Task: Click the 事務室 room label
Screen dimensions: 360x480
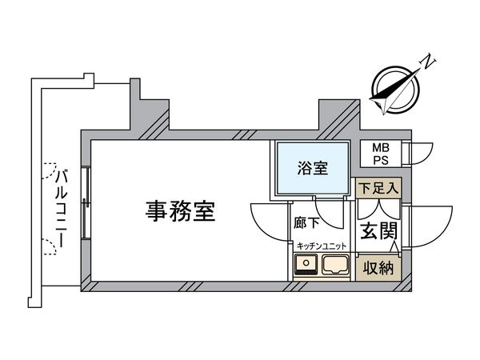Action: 180,211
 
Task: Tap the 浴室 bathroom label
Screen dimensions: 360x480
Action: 312,168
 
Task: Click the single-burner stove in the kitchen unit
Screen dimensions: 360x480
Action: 306,266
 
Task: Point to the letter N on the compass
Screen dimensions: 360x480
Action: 429,61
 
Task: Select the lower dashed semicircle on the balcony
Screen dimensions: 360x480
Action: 50,246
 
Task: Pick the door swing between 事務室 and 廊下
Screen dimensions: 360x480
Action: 268,218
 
